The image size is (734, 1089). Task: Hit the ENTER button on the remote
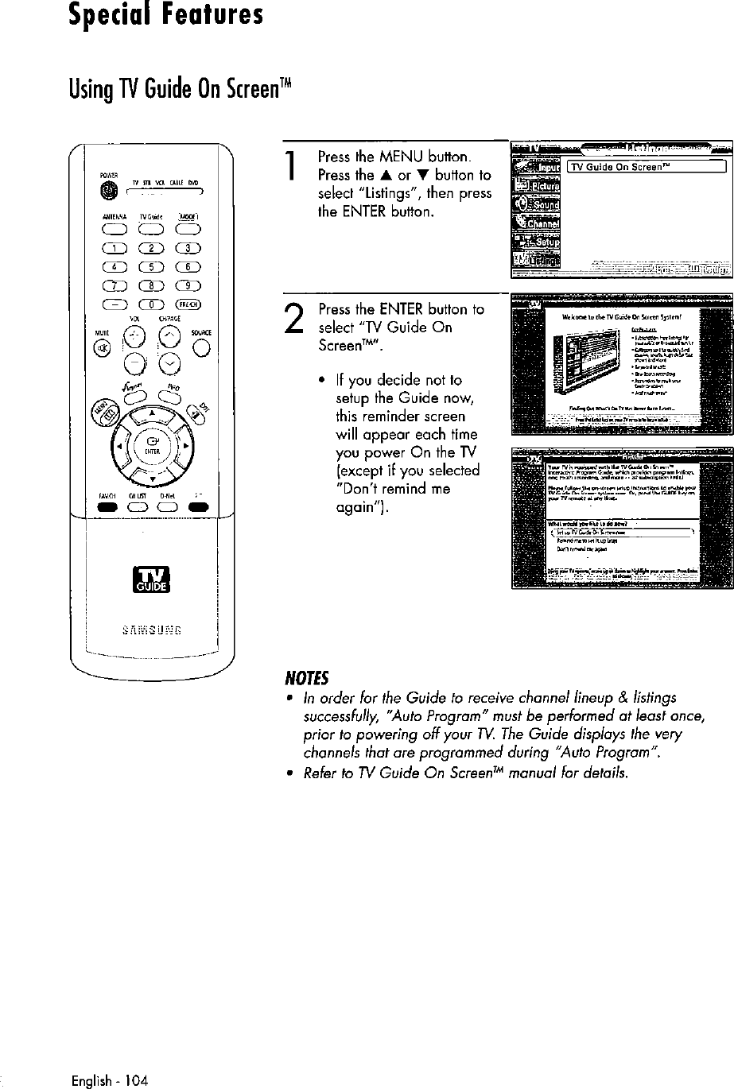pyautogui.click(x=149, y=440)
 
